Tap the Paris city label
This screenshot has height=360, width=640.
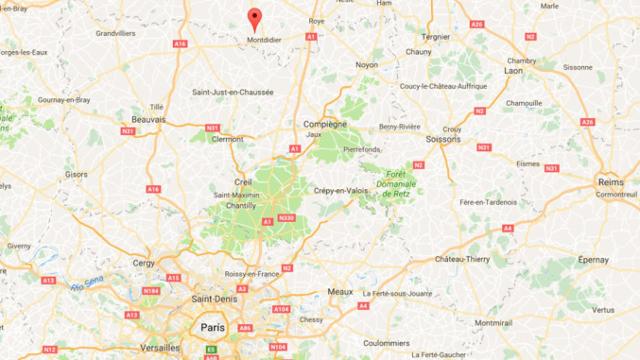(x=209, y=327)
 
